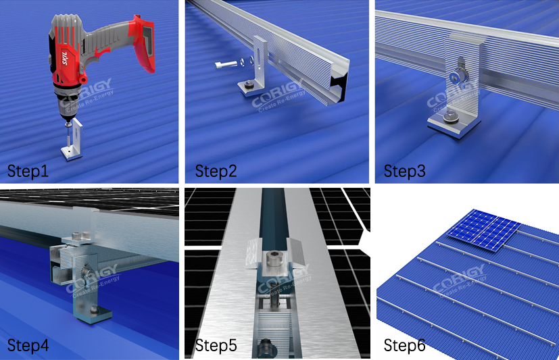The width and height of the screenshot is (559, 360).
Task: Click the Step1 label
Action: tap(28, 171)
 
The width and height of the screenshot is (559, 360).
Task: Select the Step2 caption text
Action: tap(216, 171)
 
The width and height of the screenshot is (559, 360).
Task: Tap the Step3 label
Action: tap(404, 171)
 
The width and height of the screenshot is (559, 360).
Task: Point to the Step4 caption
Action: tap(28, 346)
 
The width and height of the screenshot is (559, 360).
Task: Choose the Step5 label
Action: tap(216, 346)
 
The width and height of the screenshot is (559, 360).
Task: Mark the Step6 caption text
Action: tap(404, 346)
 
